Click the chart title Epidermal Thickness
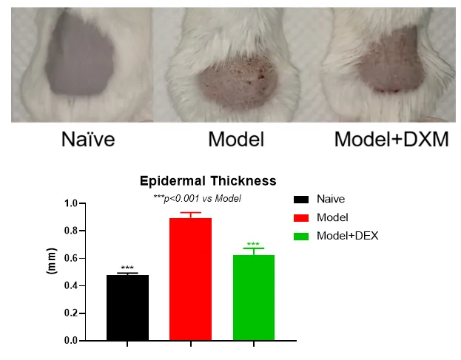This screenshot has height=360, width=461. click(208, 180)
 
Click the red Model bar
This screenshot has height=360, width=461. click(191, 279)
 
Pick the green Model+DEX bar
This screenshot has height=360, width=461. click(253, 297)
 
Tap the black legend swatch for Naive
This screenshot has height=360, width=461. click(300, 199)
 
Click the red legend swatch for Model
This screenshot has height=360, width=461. click(300, 217)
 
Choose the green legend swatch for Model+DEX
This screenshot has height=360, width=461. click(300, 236)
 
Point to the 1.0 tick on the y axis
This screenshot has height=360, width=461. click(72, 203)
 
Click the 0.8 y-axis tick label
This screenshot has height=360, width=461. click(72, 231)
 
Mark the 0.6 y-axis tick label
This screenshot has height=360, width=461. click(72, 258)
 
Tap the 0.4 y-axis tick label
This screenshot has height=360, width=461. click(72, 285)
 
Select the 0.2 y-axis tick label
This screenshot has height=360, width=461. click(72, 313)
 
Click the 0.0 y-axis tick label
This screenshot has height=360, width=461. click(72, 341)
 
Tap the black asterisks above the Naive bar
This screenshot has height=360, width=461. click(127, 268)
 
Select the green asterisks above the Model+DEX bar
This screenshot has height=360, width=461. click(253, 245)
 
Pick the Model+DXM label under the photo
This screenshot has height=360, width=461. click(391, 140)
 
